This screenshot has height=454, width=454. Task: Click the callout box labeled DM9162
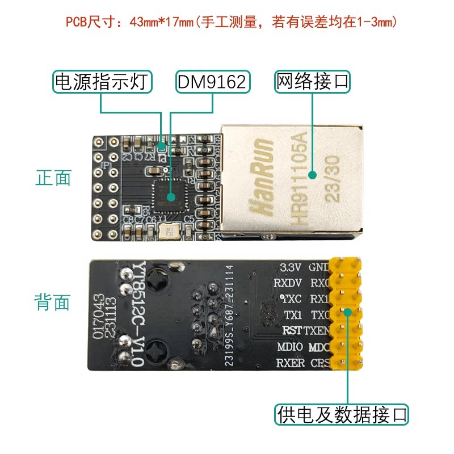tap(212, 82)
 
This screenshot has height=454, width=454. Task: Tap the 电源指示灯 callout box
tap(103, 82)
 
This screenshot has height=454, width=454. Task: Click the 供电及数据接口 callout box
tap(342, 414)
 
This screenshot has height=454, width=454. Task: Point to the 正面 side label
tap(53, 178)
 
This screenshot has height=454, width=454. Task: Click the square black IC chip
tap(169, 196)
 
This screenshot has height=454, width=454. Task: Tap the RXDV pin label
tap(287, 283)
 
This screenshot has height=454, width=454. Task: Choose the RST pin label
tap(292, 330)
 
